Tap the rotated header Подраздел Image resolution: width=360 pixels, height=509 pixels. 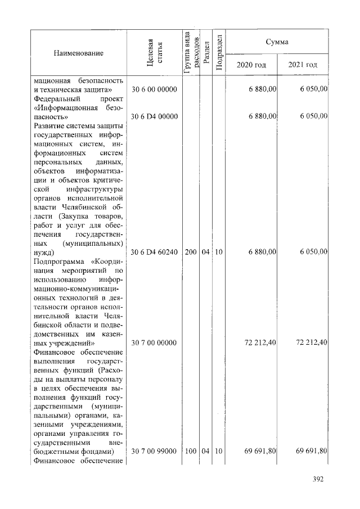(220, 52)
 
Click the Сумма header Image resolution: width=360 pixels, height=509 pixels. (277, 42)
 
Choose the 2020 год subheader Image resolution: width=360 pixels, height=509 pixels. (251, 65)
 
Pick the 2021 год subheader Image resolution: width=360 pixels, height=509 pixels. (303, 65)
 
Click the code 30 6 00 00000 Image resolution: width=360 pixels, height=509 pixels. (154, 89)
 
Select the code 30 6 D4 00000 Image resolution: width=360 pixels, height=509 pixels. (154, 116)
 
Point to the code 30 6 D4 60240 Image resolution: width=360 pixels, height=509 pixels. (154, 252)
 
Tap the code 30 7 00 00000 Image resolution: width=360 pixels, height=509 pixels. (154, 343)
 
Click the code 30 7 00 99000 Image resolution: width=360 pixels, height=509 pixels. (154, 452)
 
